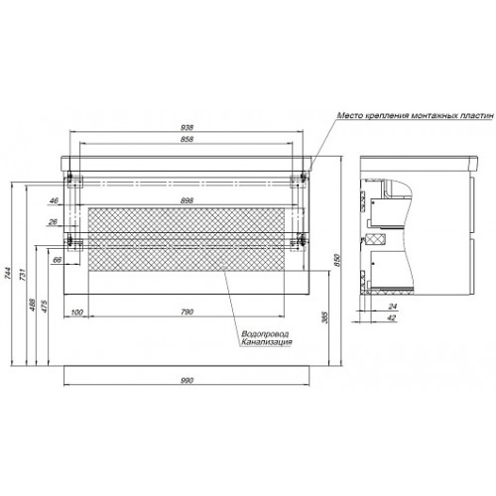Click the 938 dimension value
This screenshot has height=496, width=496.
point(187,127)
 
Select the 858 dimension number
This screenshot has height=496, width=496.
point(187,139)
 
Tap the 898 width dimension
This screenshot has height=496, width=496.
point(187,200)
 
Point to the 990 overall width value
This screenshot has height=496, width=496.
point(187,380)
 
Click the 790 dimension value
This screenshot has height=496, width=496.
point(187,311)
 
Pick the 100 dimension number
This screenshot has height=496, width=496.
point(76,312)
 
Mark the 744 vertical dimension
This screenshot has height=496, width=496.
point(8,273)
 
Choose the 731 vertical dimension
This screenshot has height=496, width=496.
point(22,274)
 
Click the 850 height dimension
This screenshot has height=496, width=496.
point(337,260)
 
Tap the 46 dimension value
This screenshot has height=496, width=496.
point(54,200)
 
